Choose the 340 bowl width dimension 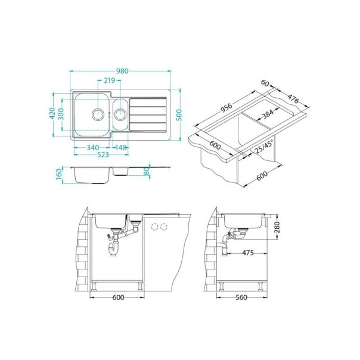[x=93, y=148]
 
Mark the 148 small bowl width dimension [x=120, y=148]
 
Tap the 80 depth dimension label [x=147, y=172]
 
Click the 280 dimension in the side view [x=276, y=227]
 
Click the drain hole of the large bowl [x=97, y=113]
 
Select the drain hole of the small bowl [x=120, y=113]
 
